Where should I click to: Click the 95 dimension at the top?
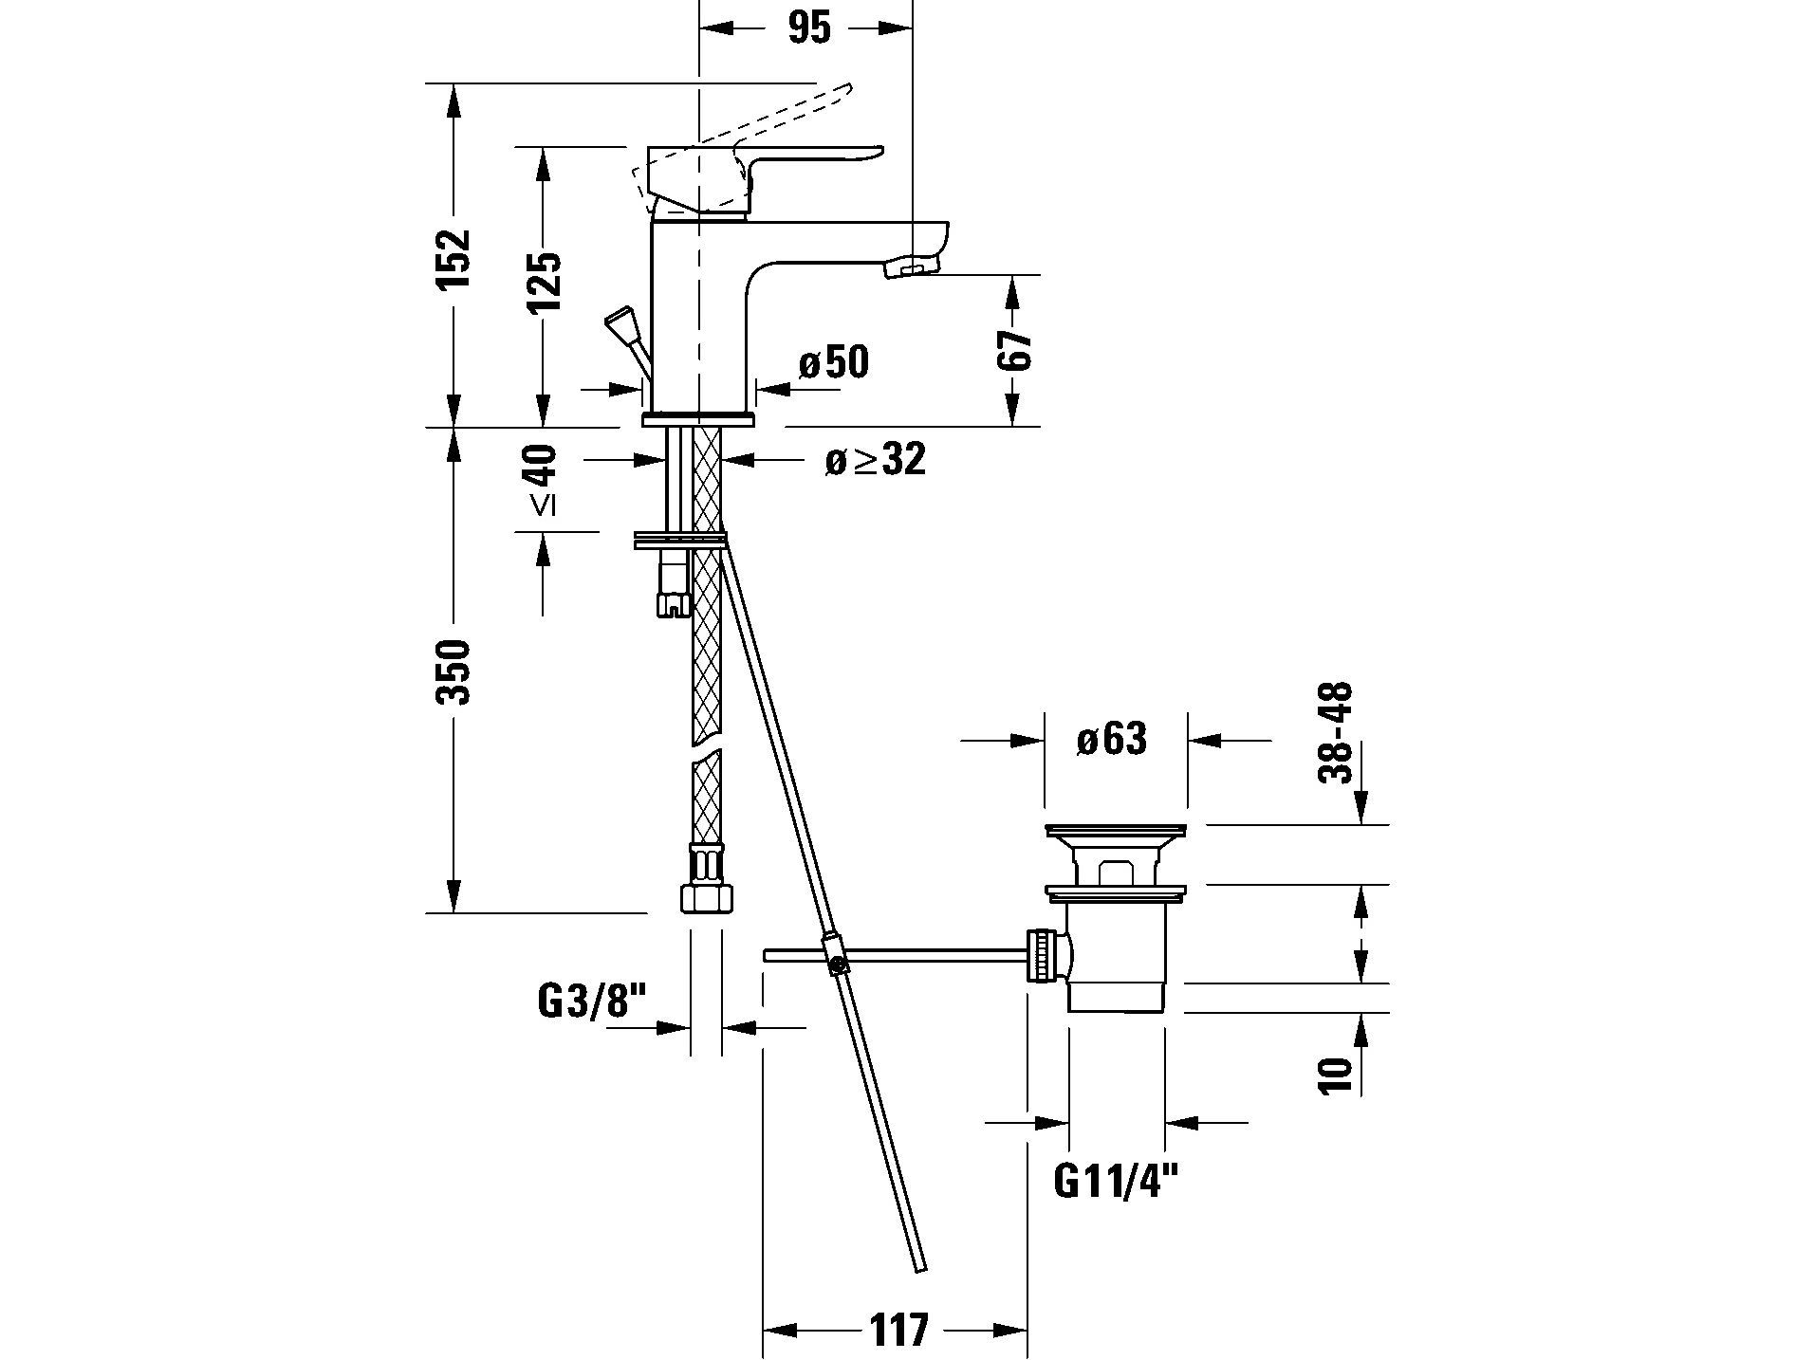coord(808,28)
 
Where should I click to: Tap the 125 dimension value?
coord(544,281)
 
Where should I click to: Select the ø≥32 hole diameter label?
coord(874,460)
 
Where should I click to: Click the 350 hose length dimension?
coord(454,671)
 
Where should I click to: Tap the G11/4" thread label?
coord(1116,1182)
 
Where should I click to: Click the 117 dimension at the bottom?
coord(897,1329)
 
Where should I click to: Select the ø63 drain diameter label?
coord(1111,739)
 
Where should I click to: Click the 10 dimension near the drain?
coord(1335,1075)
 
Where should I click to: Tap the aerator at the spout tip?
coord(910,271)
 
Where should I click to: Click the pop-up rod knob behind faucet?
coord(621,323)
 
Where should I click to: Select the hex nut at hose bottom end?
coord(707,897)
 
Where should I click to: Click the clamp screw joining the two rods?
coord(836,965)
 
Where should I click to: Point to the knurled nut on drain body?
coord(1041,956)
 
